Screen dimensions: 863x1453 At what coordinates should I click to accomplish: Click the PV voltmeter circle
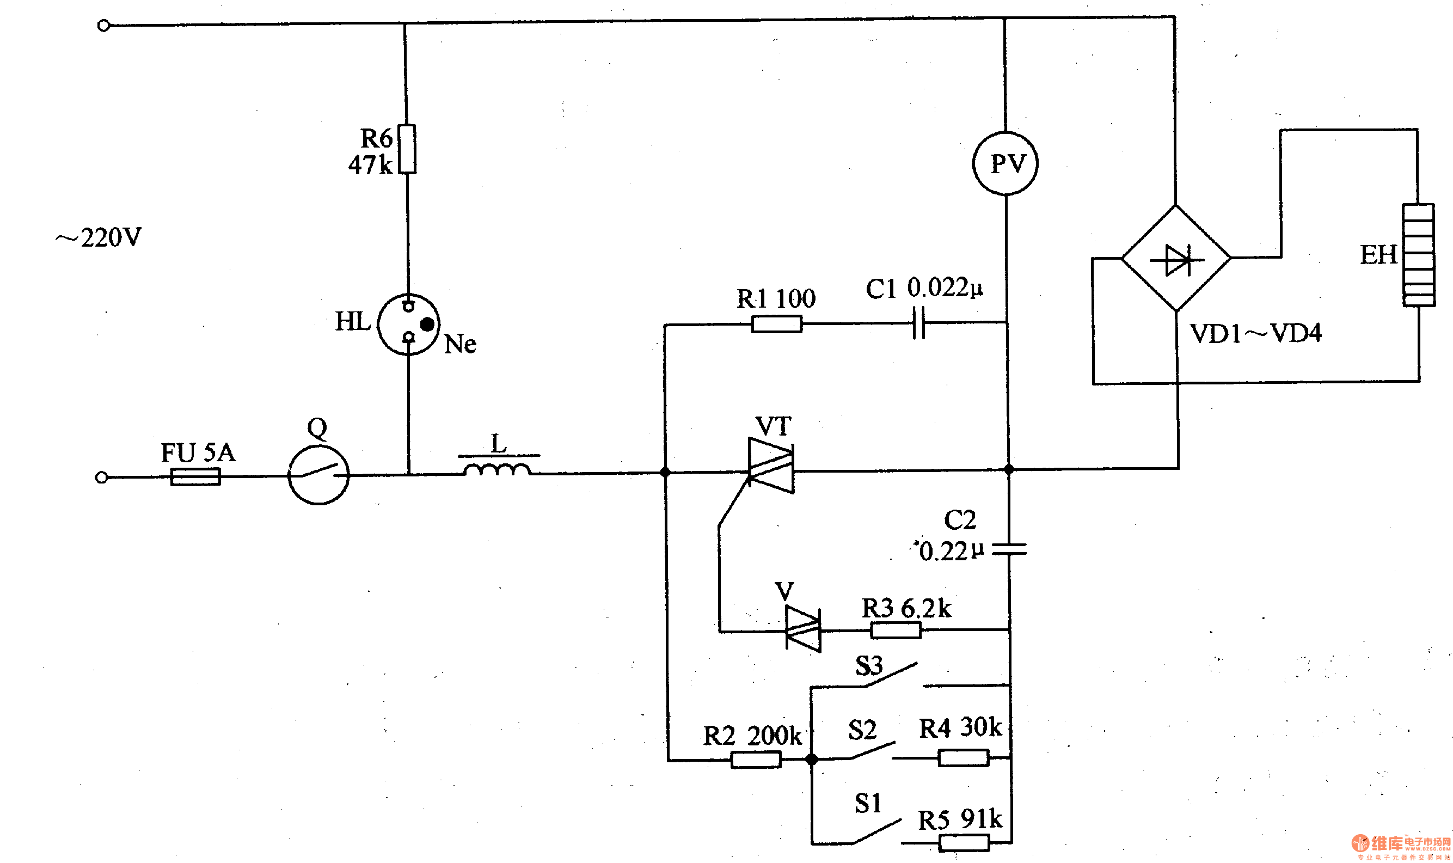(1005, 163)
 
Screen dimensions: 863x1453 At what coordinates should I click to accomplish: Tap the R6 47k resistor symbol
(407, 149)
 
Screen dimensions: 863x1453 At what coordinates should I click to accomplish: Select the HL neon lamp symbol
(409, 324)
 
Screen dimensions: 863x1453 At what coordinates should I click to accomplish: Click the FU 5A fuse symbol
(195, 477)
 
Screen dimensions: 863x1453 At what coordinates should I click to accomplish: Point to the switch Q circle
(318, 475)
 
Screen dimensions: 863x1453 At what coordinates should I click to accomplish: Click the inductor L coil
(497, 469)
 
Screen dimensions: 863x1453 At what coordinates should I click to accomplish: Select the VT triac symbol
(771, 465)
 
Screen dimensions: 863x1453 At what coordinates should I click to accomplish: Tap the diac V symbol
(803, 629)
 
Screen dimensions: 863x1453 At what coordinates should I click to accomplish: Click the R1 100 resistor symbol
(777, 324)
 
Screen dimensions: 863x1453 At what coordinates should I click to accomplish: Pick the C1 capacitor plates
(918, 323)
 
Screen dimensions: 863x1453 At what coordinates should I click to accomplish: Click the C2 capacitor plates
(1009, 548)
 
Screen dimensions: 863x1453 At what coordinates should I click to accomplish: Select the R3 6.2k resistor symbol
(896, 630)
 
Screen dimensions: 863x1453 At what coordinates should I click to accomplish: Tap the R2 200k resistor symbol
(755, 760)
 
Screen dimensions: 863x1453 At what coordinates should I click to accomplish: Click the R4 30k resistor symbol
(963, 758)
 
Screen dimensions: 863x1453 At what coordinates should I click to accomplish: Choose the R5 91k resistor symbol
(964, 843)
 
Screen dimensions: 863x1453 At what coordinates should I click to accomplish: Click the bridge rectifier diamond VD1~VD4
(1176, 258)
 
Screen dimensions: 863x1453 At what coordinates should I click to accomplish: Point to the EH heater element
(1418, 255)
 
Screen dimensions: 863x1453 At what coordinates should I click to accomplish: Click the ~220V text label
(99, 237)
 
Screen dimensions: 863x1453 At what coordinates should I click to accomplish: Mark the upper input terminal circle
(103, 26)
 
